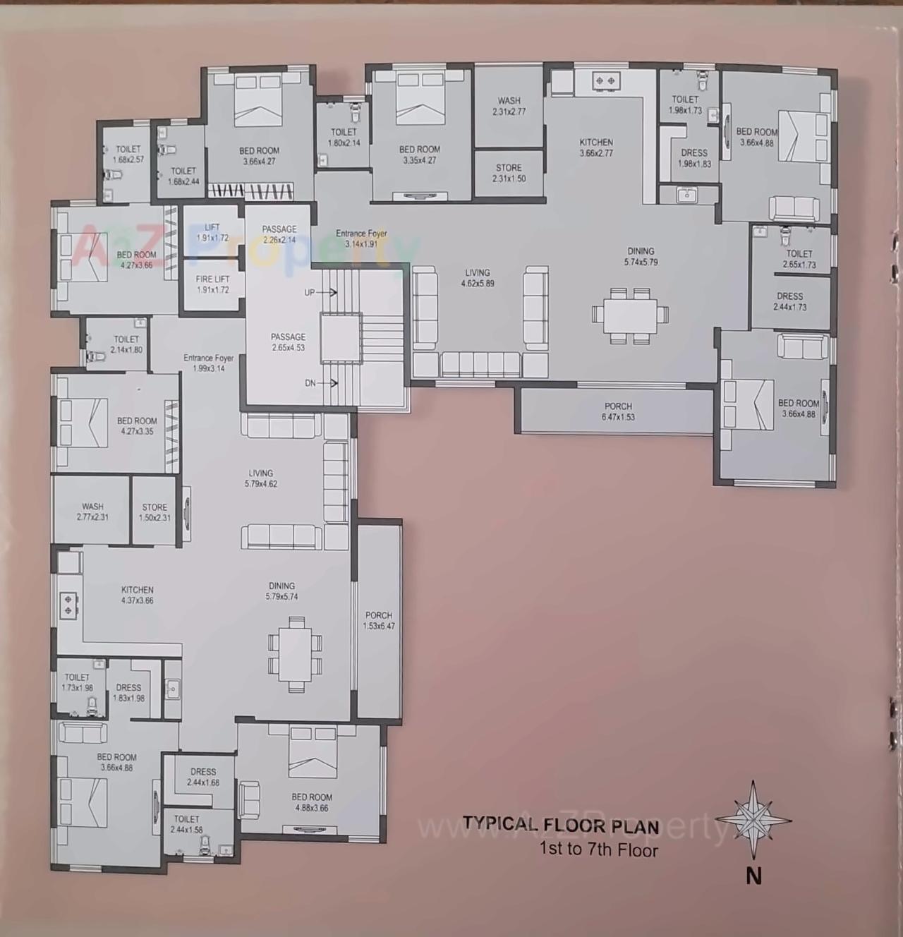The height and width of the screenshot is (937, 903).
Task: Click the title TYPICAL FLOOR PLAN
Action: tap(561, 824)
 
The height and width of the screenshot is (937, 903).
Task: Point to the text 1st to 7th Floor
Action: tap(598, 849)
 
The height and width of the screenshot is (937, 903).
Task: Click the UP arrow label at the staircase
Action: tap(310, 292)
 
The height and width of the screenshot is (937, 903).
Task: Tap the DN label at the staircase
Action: tap(310, 383)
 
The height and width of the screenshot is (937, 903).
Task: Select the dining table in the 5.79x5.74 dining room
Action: tap(296, 653)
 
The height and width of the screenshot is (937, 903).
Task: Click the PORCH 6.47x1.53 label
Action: tap(618, 411)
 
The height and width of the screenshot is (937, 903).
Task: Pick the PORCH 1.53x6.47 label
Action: tap(379, 620)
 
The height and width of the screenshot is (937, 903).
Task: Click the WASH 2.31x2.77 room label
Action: tap(509, 106)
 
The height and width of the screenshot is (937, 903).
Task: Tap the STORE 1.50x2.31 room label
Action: tap(154, 512)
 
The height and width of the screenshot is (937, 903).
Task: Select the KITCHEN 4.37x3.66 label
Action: tap(137, 595)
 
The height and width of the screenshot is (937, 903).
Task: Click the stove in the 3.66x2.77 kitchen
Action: tap(605, 82)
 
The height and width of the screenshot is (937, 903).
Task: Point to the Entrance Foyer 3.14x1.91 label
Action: tap(361, 238)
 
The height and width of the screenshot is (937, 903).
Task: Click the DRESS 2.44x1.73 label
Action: tap(789, 301)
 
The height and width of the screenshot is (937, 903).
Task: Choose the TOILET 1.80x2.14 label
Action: tap(344, 137)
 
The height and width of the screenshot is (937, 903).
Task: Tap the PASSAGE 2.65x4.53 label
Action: tap(288, 342)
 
